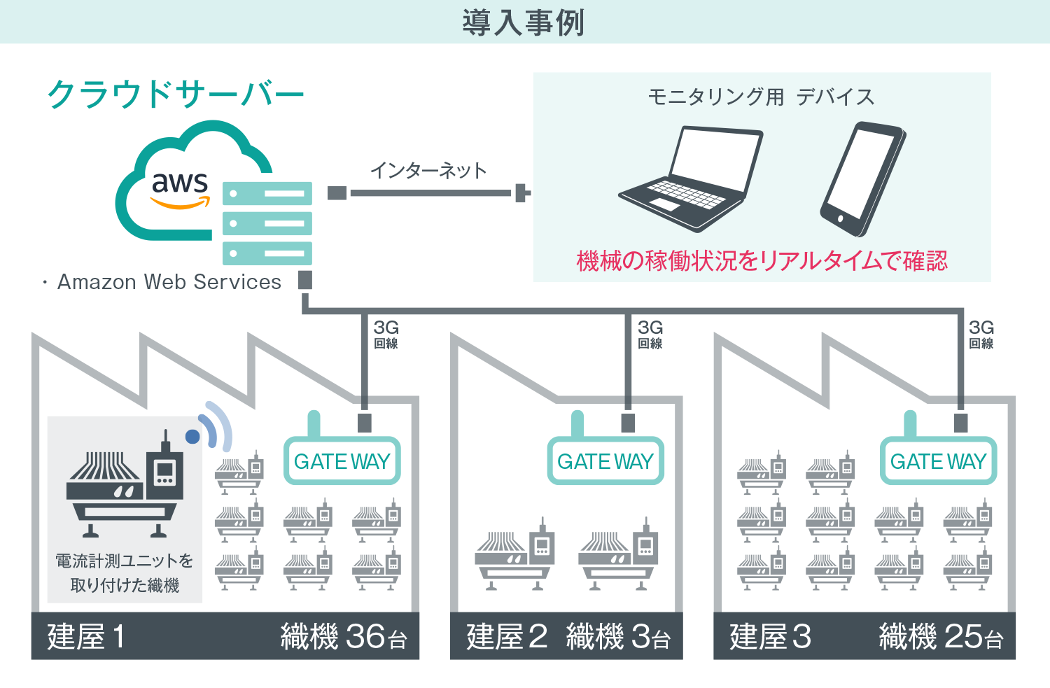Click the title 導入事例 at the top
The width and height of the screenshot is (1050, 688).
pos(524,22)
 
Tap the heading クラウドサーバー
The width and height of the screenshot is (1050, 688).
pos(176,94)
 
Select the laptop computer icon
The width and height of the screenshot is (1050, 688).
pos(691,178)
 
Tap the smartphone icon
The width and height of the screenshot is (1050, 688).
pos(863,179)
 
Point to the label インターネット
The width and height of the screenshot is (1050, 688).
pos(428,171)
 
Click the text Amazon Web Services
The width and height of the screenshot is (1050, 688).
pos(169,281)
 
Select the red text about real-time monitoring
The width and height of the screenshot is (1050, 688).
pos(762,261)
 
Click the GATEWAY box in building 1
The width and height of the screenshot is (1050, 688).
pos(342,461)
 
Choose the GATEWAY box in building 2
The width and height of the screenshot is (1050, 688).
pos(605,461)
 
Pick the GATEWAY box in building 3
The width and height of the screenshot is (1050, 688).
pos(938,461)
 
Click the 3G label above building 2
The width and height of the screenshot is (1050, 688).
pos(650,327)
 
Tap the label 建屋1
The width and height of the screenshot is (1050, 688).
pos(86,636)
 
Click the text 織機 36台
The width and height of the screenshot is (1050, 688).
pos(344,636)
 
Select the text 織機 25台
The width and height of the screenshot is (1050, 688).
pos(941,636)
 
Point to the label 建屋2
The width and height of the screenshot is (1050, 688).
pos(507,636)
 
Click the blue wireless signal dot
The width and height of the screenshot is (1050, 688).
pos(192,436)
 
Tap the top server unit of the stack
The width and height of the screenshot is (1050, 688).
pos(267,194)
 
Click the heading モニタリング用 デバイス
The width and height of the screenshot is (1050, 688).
pos(762,97)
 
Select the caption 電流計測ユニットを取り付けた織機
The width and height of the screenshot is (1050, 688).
pos(125,573)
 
